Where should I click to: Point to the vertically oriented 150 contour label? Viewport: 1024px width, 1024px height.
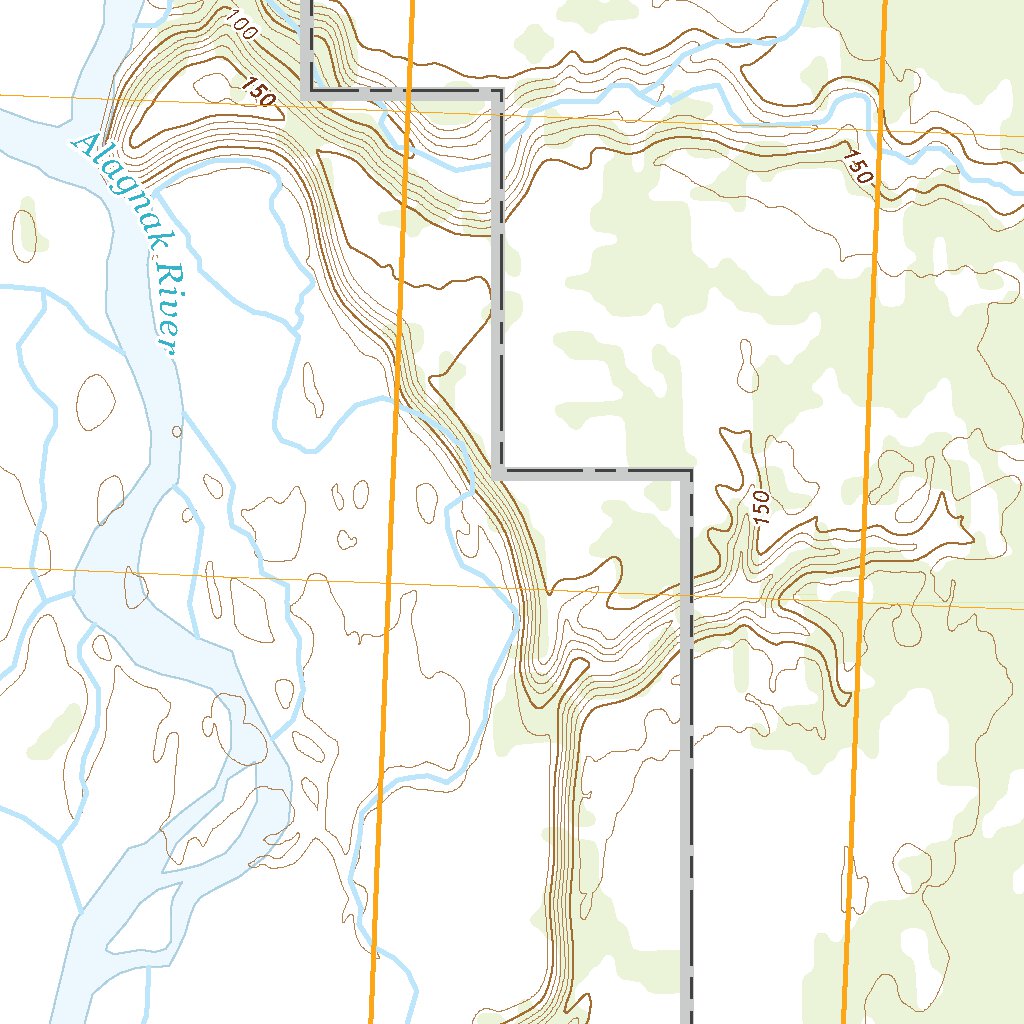pyautogui.click(x=761, y=509)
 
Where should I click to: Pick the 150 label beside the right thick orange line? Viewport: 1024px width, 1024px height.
pyautogui.click(x=858, y=167)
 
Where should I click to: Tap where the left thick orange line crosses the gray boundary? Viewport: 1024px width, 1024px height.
pyautogui.click(x=409, y=92)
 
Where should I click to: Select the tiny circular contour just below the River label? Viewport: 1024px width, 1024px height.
pyautogui.click(x=177, y=432)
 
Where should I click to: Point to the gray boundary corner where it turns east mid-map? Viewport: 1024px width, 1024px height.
pyautogui.click(x=498, y=470)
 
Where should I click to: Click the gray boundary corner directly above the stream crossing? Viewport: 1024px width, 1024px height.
pyautogui.click(x=498, y=93)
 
